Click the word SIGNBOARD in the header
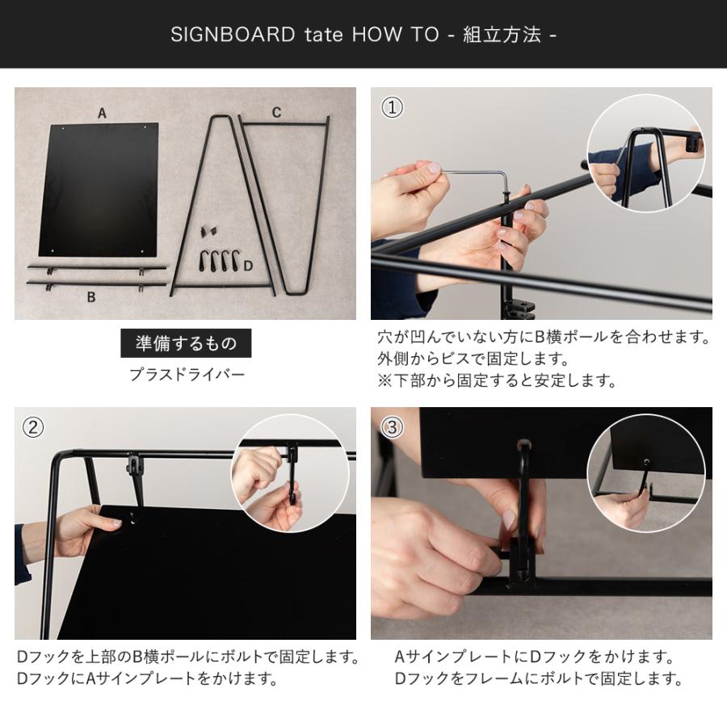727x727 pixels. coord(233,34)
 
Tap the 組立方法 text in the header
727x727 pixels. coord(502,34)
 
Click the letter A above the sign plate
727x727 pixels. coord(102,113)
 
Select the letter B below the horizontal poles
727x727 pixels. coord(91,296)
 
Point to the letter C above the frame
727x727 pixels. coord(276,112)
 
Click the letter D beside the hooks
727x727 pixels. coord(248,266)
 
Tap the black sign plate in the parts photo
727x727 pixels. coord(99,189)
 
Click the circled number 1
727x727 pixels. coord(393,107)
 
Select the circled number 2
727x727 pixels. coord(33,427)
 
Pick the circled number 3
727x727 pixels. coord(393,427)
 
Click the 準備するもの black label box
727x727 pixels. coord(186,343)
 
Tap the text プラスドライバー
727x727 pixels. coord(187,375)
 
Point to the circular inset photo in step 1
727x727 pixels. coord(646,153)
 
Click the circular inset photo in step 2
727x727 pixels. coord(290,473)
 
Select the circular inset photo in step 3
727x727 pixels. coord(646,473)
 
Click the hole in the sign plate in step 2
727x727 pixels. coord(133,519)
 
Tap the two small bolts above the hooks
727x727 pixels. coord(208,231)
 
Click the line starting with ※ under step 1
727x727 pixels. coord(497,380)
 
